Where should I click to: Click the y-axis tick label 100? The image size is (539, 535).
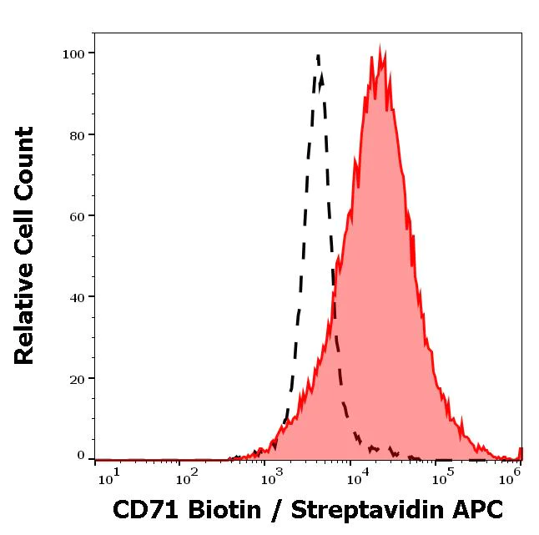(74, 54)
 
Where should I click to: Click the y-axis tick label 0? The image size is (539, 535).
(81, 456)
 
